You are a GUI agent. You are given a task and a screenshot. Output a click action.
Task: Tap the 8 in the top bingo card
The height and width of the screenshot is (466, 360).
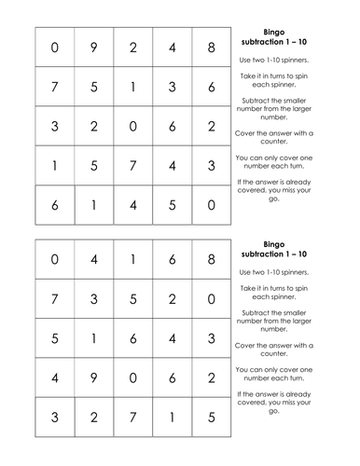[x=212, y=48]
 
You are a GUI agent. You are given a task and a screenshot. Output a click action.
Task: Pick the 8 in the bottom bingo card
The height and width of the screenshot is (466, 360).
[x=212, y=261]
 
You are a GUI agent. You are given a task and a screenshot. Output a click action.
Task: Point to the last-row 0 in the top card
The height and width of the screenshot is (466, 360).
[x=212, y=205]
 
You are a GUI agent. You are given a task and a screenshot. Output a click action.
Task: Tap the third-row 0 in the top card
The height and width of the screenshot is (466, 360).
[x=132, y=127]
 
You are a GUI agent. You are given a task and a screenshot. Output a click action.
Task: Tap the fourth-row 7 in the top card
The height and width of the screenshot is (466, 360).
[x=132, y=166]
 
